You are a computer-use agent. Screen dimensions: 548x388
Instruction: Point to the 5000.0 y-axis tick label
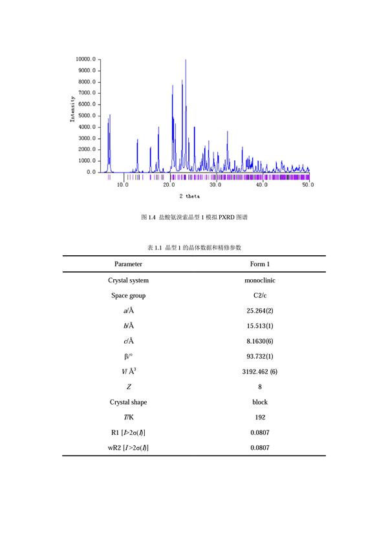(87, 116)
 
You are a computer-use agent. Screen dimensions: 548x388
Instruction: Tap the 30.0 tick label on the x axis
(215, 185)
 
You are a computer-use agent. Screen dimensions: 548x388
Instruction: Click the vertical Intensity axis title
(72, 109)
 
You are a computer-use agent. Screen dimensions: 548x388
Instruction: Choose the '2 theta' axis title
(190, 196)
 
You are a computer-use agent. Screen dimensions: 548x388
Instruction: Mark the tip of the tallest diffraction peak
(186, 59)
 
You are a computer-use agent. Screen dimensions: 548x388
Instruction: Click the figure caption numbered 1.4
(194, 218)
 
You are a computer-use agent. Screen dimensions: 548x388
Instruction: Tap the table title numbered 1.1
(194, 248)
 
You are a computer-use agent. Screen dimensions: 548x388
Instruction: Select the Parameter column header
(128, 264)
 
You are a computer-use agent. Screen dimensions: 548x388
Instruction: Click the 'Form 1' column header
(259, 264)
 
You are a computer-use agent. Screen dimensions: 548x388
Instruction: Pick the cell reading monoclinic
(259, 280)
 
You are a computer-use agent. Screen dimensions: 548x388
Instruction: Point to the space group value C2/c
(259, 295)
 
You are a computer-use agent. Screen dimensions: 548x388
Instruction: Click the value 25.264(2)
(259, 311)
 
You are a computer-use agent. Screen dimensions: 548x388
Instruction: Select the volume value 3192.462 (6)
(259, 372)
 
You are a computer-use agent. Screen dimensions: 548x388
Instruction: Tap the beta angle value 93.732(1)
(259, 356)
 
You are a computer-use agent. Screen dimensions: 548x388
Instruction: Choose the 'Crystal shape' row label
(128, 402)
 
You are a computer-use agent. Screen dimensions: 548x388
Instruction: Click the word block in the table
(259, 402)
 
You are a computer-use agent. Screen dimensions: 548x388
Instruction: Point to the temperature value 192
(259, 417)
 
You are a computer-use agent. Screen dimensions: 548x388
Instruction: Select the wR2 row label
(128, 447)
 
